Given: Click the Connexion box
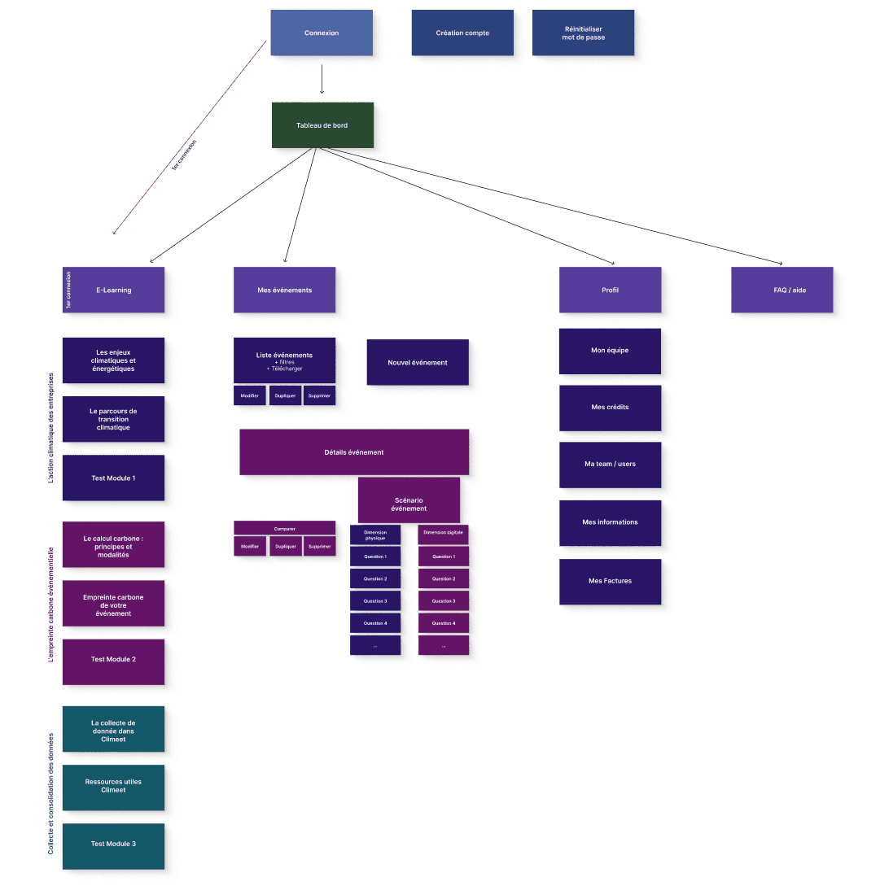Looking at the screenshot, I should (x=322, y=33).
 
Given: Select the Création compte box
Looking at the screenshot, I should (x=462, y=33).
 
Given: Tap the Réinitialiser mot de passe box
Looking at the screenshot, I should (x=583, y=33).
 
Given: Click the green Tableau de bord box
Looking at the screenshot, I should (x=322, y=125).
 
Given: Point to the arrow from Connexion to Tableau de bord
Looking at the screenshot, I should (x=322, y=79).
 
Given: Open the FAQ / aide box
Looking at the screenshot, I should (x=782, y=290).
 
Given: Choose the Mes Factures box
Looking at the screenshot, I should (x=610, y=582).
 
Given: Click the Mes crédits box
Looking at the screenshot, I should (x=610, y=408).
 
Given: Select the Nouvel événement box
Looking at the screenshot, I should (x=418, y=363).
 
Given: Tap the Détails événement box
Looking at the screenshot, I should (x=354, y=452).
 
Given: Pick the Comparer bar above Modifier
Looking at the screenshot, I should (x=285, y=529).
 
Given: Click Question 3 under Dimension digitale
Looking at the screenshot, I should (x=444, y=601).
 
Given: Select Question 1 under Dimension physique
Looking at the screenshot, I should (x=375, y=557).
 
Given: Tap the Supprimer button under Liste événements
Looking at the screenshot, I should (x=319, y=396).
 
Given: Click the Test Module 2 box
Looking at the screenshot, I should (x=113, y=660).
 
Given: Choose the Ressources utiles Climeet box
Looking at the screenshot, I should (x=113, y=787).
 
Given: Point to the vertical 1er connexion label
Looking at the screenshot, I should (x=69, y=290).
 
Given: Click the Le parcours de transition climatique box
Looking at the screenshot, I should (x=113, y=420).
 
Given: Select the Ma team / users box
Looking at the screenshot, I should (x=610, y=465).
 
